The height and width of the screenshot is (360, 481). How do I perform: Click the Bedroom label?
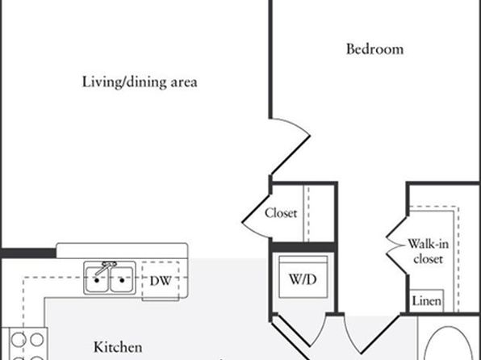[374, 49]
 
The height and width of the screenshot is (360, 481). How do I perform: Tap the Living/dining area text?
[140, 82]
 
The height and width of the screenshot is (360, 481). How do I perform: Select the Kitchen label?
[118, 347]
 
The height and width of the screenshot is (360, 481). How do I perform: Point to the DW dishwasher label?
[161, 281]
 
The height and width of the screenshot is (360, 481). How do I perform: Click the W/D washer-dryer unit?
[303, 277]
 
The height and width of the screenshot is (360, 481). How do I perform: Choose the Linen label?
[427, 301]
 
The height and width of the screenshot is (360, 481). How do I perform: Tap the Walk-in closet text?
[428, 251]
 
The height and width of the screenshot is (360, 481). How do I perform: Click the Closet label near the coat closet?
[281, 213]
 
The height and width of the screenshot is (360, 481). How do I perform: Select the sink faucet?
[105, 268]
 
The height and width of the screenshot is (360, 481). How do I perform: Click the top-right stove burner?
[37, 340]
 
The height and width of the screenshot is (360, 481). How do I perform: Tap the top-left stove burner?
[18, 340]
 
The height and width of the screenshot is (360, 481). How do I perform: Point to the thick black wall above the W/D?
[303, 247]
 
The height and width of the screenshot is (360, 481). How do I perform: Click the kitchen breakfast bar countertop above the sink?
[122, 250]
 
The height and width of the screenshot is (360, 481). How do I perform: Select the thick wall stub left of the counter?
[28, 253]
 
